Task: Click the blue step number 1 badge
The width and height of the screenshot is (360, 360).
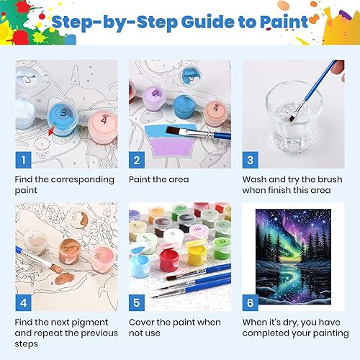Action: tap(23, 160)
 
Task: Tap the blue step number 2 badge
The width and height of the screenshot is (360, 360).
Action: tap(137, 160)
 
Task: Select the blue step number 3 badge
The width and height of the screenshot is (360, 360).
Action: tap(250, 160)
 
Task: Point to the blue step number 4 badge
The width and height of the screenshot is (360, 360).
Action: tap(23, 302)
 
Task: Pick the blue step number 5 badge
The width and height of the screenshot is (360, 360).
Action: tap(137, 302)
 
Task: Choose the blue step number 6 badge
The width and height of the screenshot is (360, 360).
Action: tap(250, 302)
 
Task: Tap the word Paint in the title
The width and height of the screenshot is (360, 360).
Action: tap(284, 22)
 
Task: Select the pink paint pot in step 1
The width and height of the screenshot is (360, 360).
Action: tap(103, 125)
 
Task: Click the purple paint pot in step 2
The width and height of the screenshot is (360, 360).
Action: tap(155, 98)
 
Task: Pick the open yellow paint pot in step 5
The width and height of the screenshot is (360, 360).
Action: tap(197, 254)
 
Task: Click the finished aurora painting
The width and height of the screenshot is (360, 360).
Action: tap(293, 257)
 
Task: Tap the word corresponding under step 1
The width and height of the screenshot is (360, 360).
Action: tap(83, 180)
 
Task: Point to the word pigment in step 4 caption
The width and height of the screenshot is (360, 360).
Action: tap(90, 323)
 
